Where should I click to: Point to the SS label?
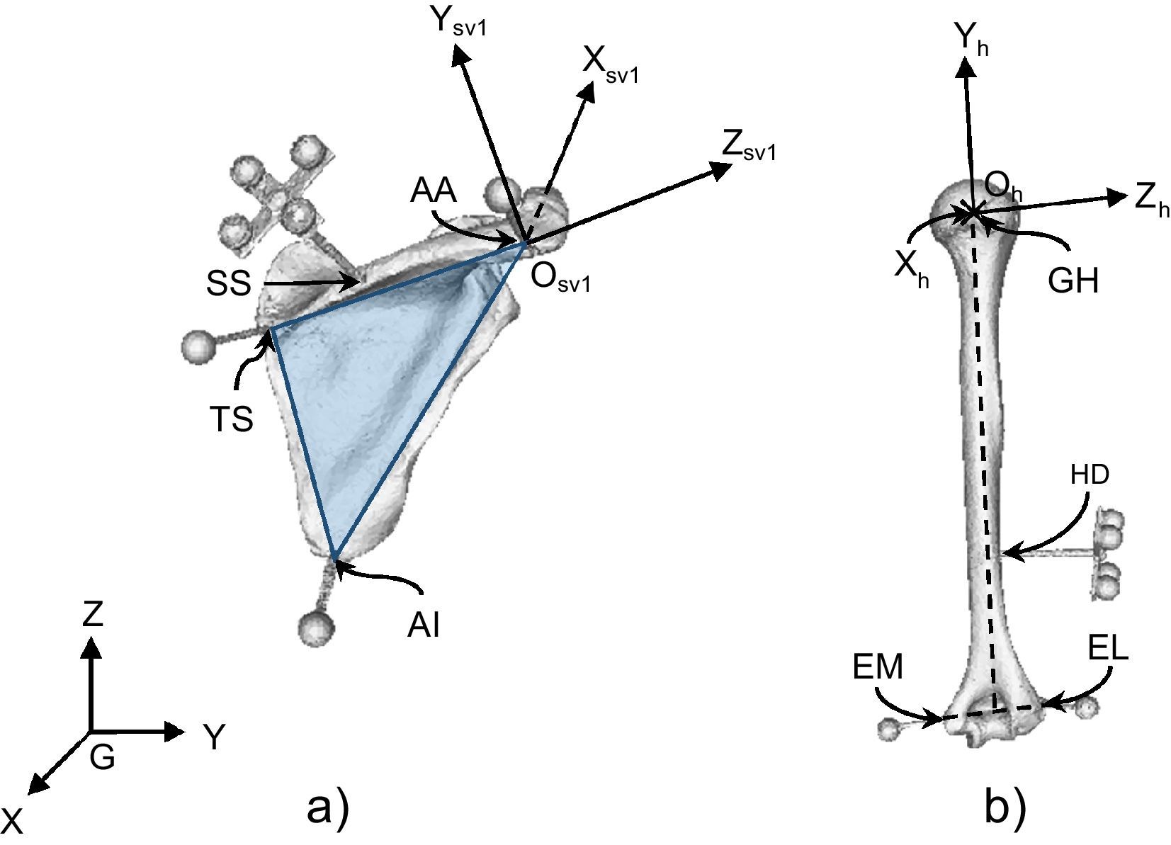[229, 284]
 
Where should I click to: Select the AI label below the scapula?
[424, 625]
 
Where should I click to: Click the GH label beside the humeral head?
[1073, 281]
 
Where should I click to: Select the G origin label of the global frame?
[102, 759]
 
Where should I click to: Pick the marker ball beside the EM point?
[888, 729]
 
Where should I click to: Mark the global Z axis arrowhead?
[90, 646]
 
